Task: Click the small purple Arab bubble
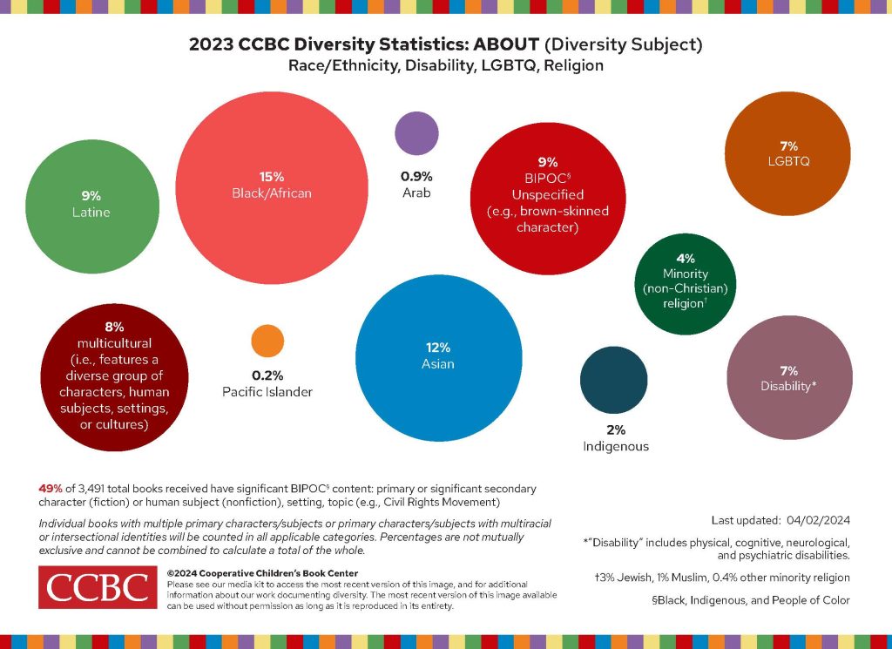click(x=416, y=133)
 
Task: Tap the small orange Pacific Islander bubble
click(x=268, y=341)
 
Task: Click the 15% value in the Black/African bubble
click(x=272, y=176)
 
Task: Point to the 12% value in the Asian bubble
click(x=437, y=347)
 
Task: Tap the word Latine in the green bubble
click(x=91, y=212)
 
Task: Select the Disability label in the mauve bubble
click(x=787, y=386)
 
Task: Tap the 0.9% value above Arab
click(x=416, y=175)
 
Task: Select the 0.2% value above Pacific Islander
click(x=267, y=375)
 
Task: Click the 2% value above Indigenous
click(x=615, y=429)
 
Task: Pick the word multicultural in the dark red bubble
click(x=114, y=343)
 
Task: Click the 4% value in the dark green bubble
click(x=685, y=258)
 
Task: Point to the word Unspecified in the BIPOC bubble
click(x=548, y=194)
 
